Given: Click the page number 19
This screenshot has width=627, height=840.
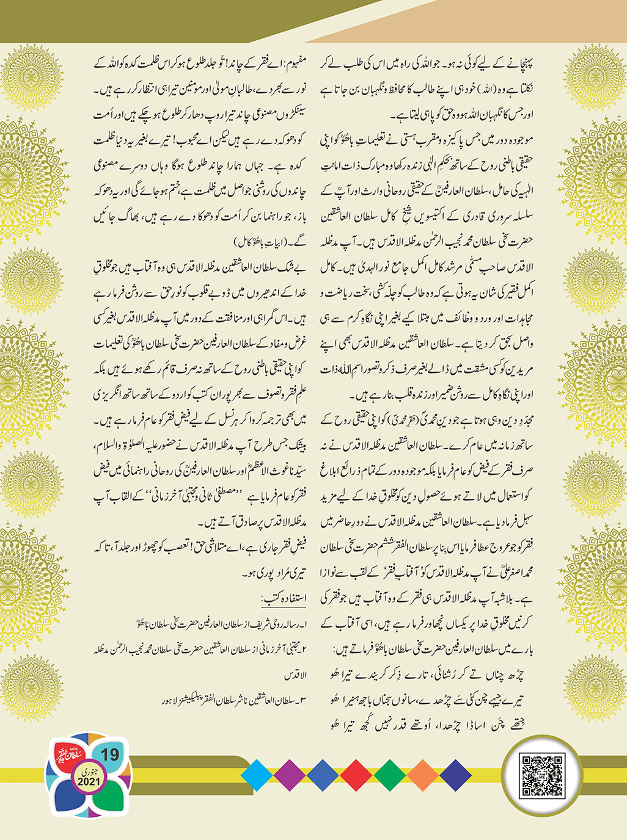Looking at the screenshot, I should tap(110, 755).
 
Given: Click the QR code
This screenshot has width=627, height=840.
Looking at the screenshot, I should tap(540, 775).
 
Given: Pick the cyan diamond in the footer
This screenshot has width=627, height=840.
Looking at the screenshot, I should tap(257, 775).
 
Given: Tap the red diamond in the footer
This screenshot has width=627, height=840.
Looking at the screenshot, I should tap(356, 775).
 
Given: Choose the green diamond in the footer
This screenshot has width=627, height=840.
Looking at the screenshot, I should tap(389, 775).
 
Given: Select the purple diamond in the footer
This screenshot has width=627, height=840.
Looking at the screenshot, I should tap(290, 775).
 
